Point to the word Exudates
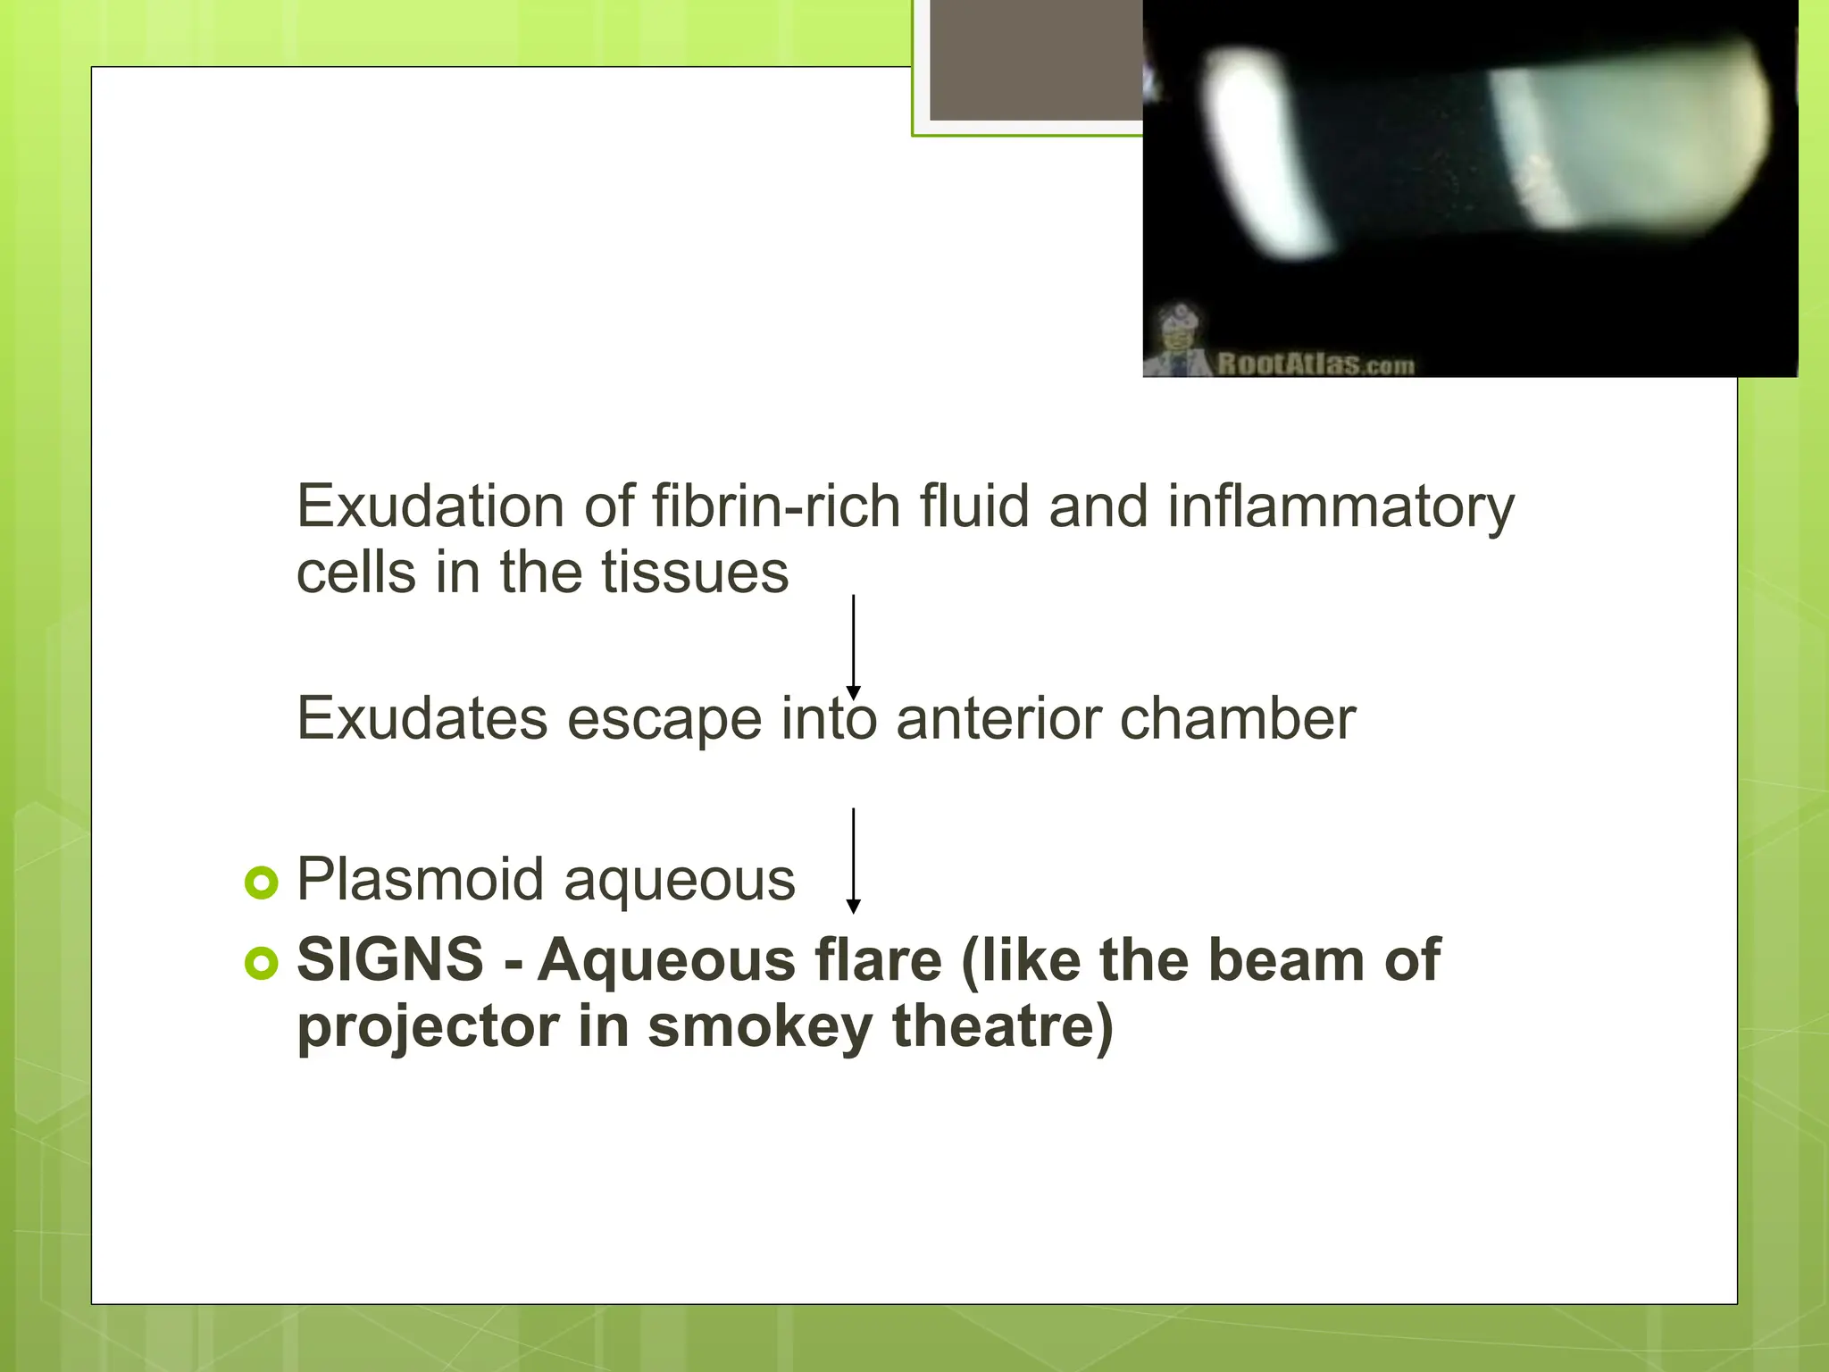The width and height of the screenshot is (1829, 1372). coord(422,718)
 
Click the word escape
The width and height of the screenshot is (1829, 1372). coord(664,720)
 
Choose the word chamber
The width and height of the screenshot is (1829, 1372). coord(1238,718)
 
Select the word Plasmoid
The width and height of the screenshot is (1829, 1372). coord(420,880)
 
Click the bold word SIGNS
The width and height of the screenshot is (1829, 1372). coord(390,960)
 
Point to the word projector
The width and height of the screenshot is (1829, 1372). coord(428,1027)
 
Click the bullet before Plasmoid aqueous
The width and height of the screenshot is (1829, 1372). coord(261,883)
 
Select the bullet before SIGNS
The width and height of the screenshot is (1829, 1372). coord(261,963)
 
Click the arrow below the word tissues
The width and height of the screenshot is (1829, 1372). coord(853,647)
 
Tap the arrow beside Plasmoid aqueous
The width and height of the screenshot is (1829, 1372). coord(853,860)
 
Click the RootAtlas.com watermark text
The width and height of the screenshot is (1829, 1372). coord(1315,364)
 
